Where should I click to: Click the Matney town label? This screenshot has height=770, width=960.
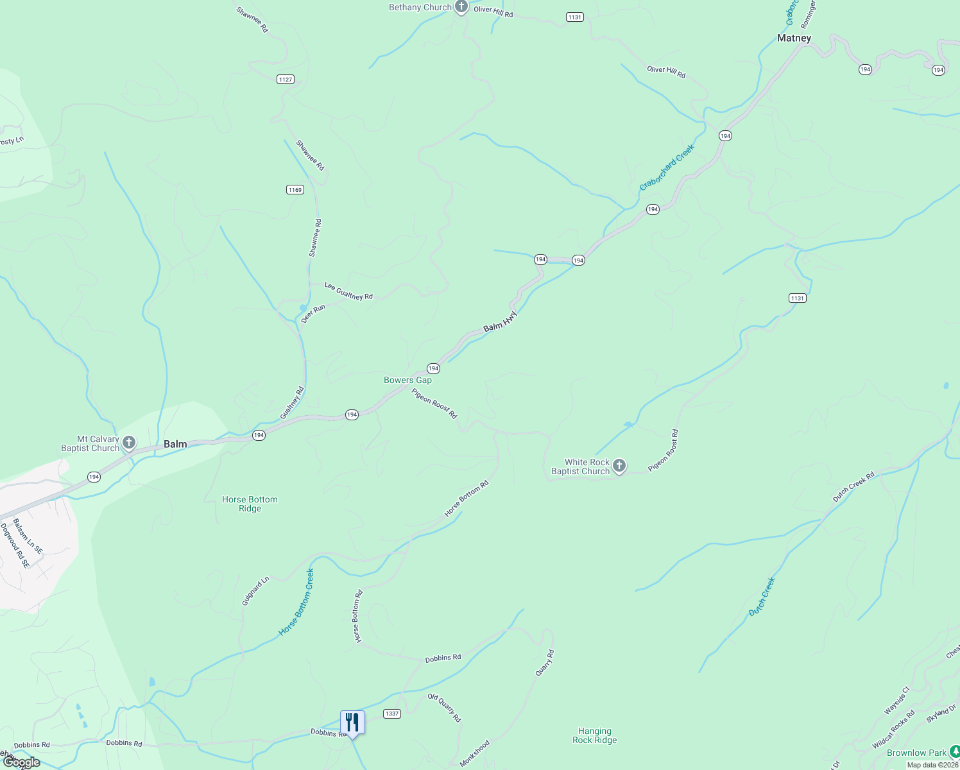[794, 38]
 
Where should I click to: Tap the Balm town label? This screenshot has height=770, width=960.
[175, 444]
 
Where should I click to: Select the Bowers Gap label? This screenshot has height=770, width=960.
[407, 380]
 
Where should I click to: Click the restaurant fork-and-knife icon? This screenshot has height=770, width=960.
[352, 722]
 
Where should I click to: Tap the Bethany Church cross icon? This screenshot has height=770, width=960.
[461, 7]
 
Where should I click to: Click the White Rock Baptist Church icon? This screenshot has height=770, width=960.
[619, 466]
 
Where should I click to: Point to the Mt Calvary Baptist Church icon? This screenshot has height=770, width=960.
[129, 442]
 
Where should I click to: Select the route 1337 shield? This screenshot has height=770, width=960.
[391, 714]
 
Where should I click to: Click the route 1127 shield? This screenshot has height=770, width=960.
[286, 80]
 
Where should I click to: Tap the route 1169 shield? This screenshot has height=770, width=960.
[295, 190]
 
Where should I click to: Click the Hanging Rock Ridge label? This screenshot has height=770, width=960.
[594, 735]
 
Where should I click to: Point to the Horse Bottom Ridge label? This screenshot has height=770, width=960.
[250, 504]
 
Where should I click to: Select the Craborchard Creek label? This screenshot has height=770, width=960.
[667, 167]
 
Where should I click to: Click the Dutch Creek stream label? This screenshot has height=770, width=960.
[762, 597]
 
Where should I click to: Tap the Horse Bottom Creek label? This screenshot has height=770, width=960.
[296, 602]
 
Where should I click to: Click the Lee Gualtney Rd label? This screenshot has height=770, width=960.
[348, 291]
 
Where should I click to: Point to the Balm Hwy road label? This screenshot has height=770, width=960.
[500, 321]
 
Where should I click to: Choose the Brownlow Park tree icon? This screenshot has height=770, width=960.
[954, 752]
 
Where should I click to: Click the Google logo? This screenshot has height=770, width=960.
[21, 762]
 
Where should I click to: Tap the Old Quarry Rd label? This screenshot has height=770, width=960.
[445, 707]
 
